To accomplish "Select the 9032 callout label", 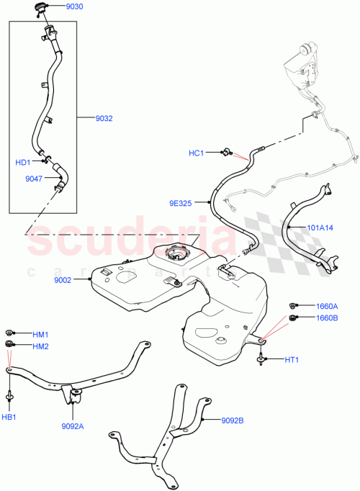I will [x=104, y=118].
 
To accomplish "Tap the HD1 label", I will [x=23, y=162].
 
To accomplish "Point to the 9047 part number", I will [x=34, y=179].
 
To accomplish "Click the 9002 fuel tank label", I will [x=62, y=280].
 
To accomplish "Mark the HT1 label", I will [x=292, y=360].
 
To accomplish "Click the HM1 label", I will [x=40, y=334].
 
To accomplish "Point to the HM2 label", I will [x=40, y=346].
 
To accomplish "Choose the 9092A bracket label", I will [x=72, y=425].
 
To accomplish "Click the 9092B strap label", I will [x=233, y=420].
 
